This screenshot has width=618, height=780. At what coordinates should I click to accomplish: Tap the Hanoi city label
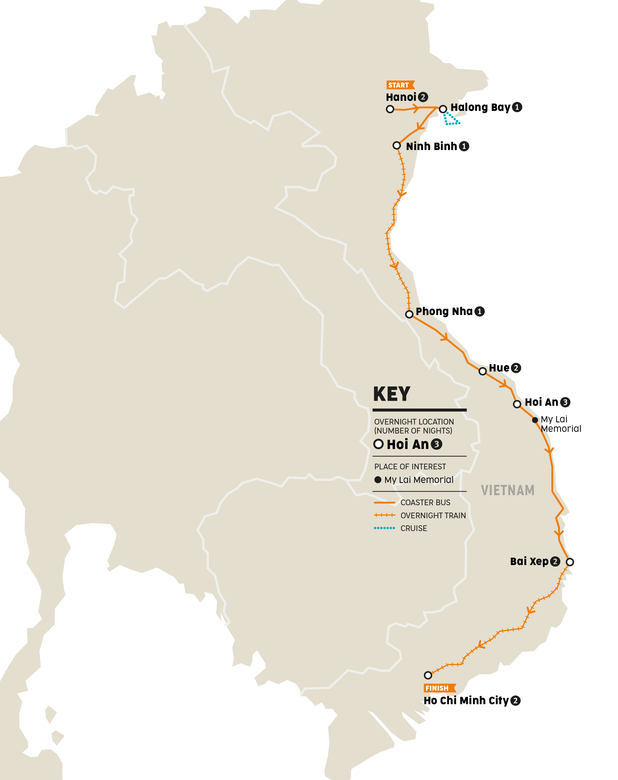tap(401, 97)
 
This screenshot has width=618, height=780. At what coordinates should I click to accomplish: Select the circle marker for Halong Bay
tap(443, 109)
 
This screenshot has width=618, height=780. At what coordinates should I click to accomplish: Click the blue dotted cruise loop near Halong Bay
tap(451, 119)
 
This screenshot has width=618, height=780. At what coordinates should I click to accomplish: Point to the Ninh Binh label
tap(431, 146)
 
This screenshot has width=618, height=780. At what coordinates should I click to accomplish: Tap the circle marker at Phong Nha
tap(409, 314)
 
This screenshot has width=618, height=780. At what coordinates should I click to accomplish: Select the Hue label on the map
tap(499, 368)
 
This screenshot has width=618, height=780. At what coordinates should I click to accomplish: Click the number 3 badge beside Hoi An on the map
tap(565, 402)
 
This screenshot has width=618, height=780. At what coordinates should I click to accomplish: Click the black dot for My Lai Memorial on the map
tap(535, 420)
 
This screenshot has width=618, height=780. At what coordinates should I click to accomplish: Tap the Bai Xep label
tap(529, 561)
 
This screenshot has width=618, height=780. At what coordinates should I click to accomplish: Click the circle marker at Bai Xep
tap(570, 562)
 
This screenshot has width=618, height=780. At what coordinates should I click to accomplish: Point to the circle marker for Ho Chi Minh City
tap(428, 675)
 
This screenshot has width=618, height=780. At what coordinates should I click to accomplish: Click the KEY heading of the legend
tap(392, 394)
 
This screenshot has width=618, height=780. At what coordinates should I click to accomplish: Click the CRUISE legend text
tap(414, 528)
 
